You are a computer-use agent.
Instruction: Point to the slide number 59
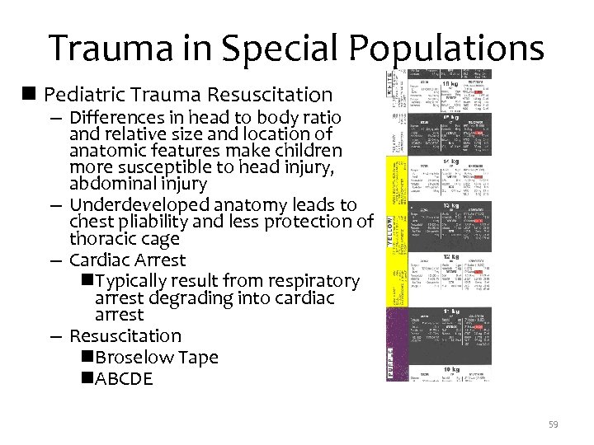click(554, 424)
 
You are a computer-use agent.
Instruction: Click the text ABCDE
click(124, 379)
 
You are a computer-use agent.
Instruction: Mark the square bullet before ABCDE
click(87, 379)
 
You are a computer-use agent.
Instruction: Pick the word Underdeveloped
click(140, 204)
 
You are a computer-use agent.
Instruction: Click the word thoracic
click(105, 239)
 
